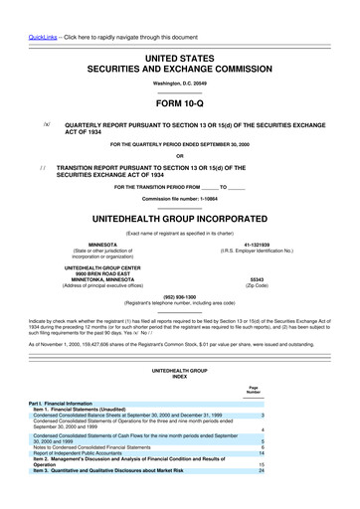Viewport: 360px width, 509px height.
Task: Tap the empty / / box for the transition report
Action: (43, 168)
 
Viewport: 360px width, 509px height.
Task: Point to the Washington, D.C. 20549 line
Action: (179, 84)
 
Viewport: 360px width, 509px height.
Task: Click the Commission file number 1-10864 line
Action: (179, 199)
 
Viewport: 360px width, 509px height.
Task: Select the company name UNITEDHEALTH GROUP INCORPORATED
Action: (180, 218)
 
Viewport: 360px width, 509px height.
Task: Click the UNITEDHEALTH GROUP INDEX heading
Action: (179, 374)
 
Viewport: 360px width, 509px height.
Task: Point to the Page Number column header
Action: (261, 389)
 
